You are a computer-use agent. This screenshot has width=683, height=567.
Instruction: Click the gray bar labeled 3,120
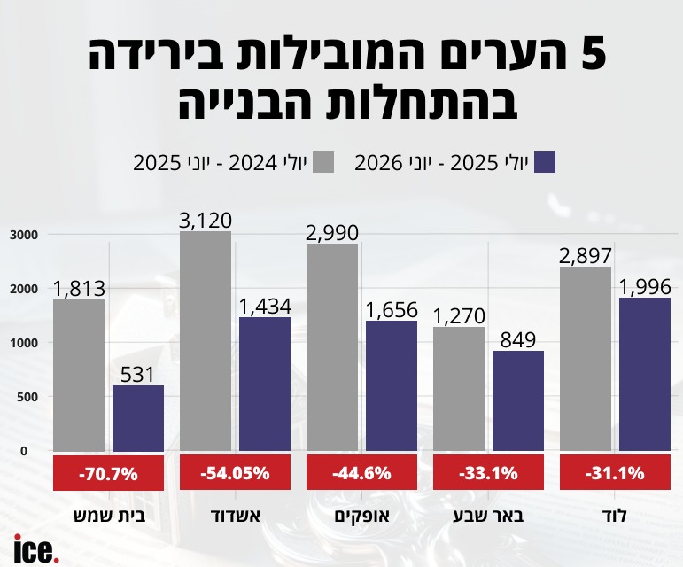click(206, 341)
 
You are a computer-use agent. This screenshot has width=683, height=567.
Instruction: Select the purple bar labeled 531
click(138, 418)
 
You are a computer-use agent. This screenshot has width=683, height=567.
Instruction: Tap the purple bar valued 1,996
click(645, 375)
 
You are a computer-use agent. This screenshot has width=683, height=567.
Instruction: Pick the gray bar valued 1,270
click(459, 389)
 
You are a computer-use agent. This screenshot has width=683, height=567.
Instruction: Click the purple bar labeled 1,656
click(392, 386)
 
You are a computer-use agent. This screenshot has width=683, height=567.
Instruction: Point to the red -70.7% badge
click(108, 472)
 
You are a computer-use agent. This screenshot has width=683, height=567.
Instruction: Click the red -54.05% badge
click(236, 472)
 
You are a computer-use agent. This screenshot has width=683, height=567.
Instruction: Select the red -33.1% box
click(488, 472)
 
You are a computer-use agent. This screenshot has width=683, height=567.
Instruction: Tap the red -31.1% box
click(615, 472)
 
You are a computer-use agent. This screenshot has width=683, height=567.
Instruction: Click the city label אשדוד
click(236, 516)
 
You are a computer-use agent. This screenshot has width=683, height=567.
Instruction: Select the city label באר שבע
click(489, 516)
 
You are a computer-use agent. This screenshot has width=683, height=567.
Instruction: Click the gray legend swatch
click(323, 162)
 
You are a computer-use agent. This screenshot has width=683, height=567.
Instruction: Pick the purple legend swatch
click(545, 162)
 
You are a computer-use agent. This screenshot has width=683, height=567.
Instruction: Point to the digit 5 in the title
click(594, 54)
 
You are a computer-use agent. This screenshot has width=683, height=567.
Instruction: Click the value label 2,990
click(332, 233)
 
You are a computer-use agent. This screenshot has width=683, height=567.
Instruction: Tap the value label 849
click(518, 340)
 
